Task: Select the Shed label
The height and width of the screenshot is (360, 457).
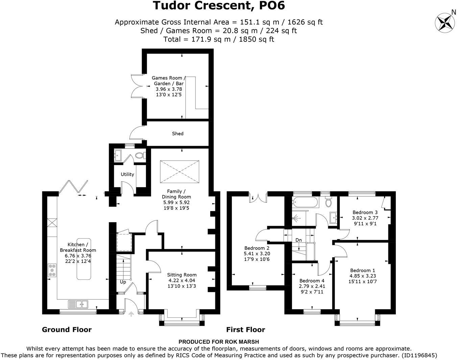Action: [x=177, y=134]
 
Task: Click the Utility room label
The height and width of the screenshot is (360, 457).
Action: [x=127, y=174]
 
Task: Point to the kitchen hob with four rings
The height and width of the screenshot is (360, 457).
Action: [x=52, y=270]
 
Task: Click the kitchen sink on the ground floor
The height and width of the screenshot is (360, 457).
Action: [x=78, y=304]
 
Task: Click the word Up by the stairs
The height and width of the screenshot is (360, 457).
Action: [x=123, y=282]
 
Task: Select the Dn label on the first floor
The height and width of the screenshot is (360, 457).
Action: [x=298, y=240]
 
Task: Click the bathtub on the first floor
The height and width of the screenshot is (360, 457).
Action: [x=305, y=203]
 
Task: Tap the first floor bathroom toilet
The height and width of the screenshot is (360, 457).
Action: [x=328, y=202]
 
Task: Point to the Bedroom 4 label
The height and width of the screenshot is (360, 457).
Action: [x=312, y=280]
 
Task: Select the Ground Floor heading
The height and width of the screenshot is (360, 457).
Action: [x=67, y=330]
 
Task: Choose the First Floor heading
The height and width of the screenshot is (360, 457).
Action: [x=245, y=330]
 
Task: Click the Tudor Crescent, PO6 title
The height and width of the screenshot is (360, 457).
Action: [x=219, y=6]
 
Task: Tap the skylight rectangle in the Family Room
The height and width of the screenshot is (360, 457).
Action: [x=179, y=172]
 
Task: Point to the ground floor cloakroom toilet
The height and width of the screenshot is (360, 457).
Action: [x=140, y=156]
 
